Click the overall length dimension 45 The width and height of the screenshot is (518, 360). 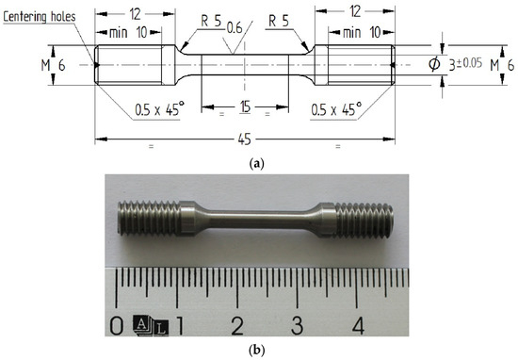click(244, 139)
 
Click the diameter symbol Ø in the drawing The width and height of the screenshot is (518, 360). click(432, 64)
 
